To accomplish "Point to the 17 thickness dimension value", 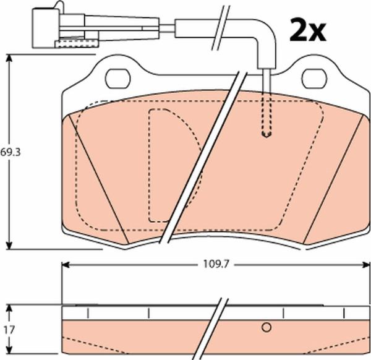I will pyautogui.click(x=9, y=330).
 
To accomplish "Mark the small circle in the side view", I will pyautogui.click(x=267, y=327).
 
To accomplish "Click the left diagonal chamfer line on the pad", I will pyautogui.click(x=99, y=179).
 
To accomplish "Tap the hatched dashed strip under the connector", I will pyautogui.click(x=76, y=43).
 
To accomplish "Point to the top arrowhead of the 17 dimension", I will pyautogui.click(x=10, y=308).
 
